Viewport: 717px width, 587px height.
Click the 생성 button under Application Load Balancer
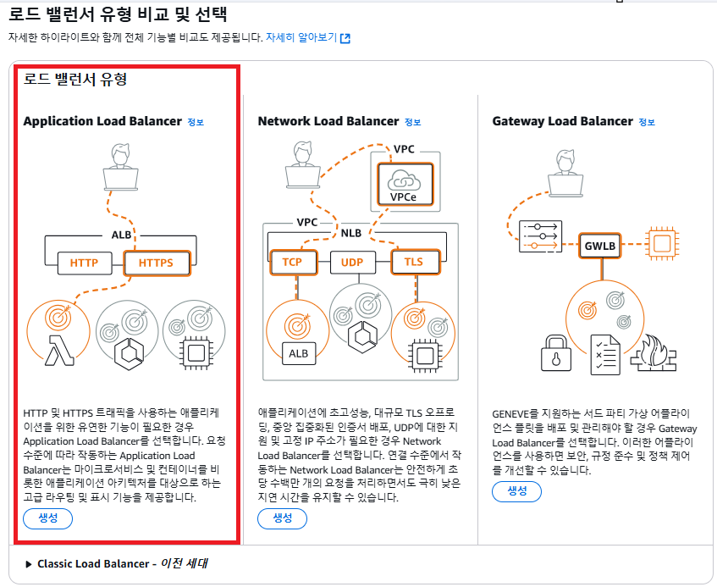tap(47, 518)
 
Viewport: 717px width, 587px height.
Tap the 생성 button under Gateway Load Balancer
tap(516, 491)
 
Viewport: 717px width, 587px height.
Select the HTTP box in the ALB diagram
tap(84, 263)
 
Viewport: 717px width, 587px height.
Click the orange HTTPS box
tap(156, 263)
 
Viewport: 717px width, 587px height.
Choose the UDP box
tap(351, 263)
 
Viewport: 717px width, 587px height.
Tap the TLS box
tap(414, 263)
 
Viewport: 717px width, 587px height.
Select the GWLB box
tap(601, 246)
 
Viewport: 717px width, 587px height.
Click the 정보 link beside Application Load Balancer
tap(196, 122)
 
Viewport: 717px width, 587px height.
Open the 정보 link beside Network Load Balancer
tap(412, 122)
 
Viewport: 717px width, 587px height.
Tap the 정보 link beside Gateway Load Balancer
tap(646, 122)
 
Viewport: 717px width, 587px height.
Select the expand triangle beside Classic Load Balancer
tap(29, 564)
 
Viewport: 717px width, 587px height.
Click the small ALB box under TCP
tap(298, 353)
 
